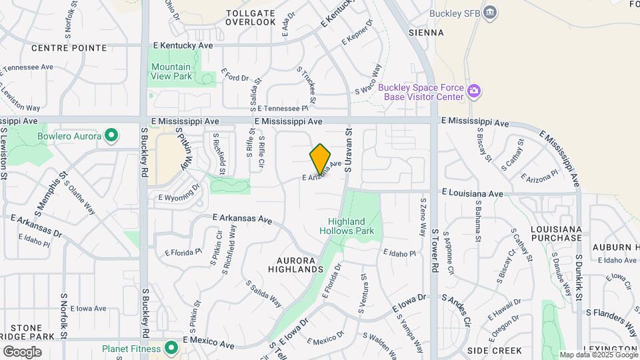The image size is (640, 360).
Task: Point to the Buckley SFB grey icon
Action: pos(491,12)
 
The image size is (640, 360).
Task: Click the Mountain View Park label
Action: pos(171,71)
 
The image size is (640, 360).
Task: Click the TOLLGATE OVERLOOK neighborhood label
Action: pos(250,17)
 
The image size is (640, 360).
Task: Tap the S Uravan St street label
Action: pos(347,151)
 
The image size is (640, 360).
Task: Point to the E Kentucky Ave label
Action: pos(183,45)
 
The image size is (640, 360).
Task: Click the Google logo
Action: pos(22,351)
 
